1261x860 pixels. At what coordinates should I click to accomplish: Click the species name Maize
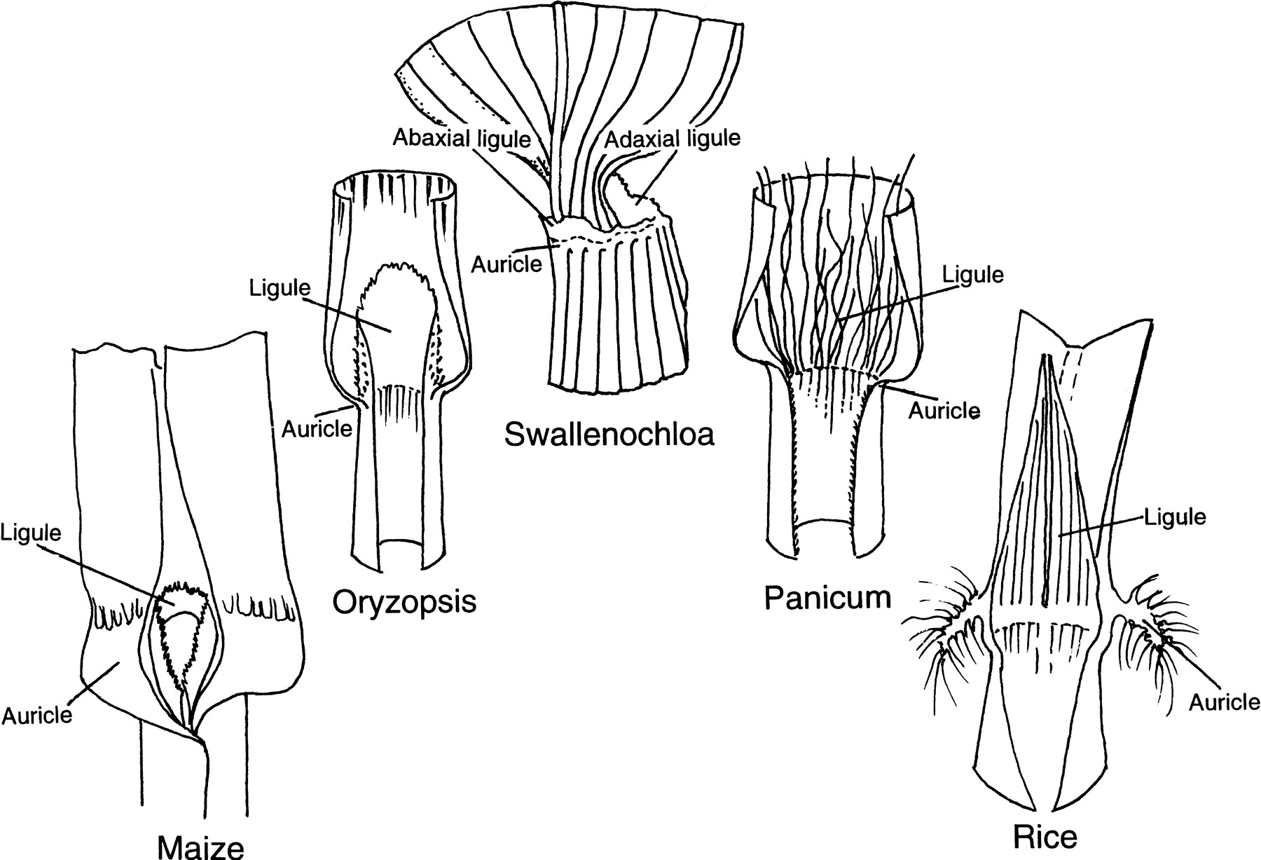[201, 846]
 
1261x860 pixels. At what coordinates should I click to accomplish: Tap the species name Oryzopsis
[404, 601]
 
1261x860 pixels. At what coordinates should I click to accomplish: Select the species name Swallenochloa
[609, 435]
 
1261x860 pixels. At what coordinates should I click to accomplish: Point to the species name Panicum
[827, 598]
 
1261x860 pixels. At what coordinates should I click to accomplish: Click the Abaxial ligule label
[461, 138]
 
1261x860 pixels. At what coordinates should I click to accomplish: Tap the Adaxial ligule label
[672, 138]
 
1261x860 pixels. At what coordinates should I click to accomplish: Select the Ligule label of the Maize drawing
[31, 533]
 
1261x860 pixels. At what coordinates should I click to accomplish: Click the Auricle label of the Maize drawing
[37, 714]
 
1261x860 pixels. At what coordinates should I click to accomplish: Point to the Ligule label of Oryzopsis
[280, 288]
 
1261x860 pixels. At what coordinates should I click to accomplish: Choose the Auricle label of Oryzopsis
[317, 428]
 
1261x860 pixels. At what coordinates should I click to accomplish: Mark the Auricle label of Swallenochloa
[507, 264]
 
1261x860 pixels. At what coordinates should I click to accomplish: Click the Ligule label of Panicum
[972, 274]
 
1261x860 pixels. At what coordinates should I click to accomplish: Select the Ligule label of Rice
[1175, 518]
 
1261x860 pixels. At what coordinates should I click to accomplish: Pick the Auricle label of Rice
[1225, 702]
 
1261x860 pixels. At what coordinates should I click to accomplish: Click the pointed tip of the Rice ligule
[1046, 359]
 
